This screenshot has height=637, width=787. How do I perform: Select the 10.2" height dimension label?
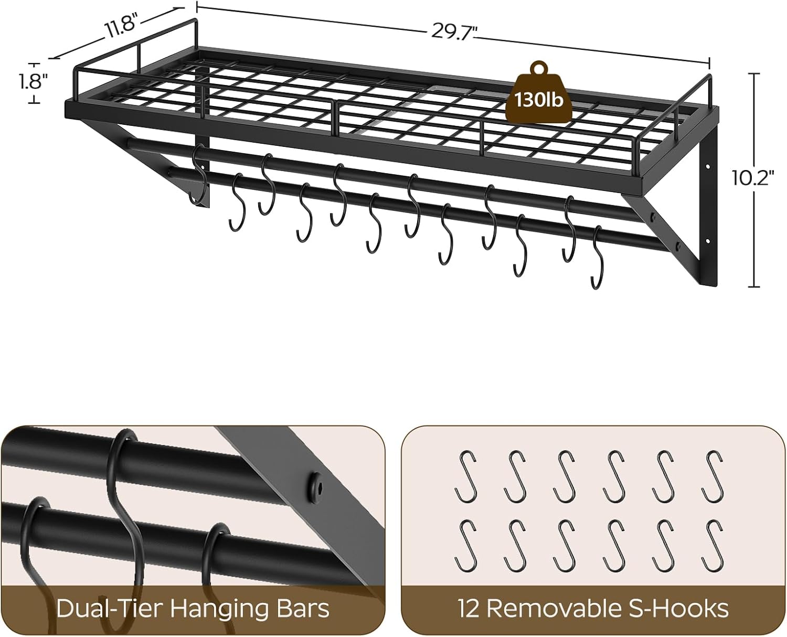click(x=753, y=178)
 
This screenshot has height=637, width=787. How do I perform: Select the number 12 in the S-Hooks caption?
click(x=469, y=609)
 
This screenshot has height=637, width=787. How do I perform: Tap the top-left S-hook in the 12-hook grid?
click(x=465, y=476)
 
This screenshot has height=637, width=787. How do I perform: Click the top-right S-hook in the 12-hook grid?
click(x=714, y=476)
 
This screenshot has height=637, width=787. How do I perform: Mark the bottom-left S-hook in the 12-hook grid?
click(x=465, y=545)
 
